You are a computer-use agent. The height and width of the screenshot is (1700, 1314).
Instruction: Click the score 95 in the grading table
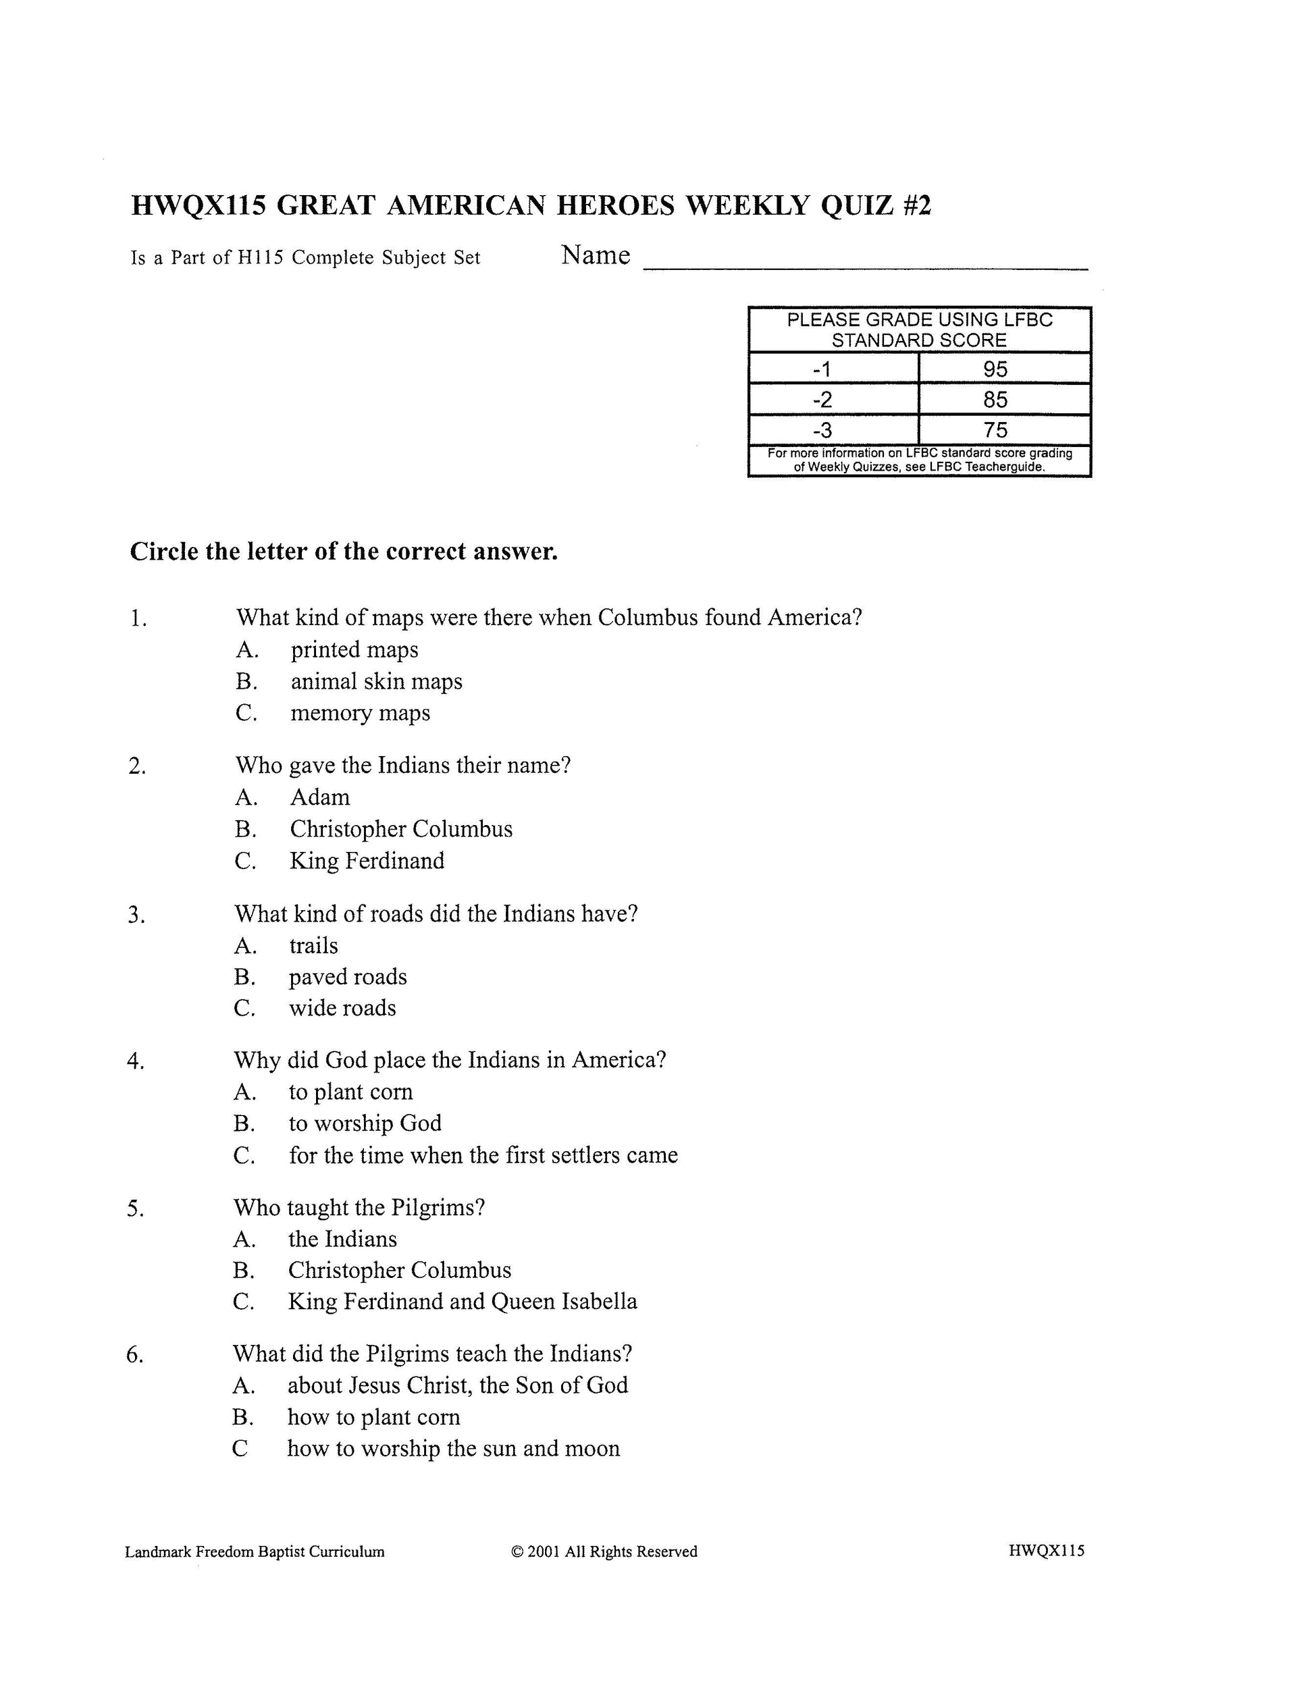pos(995,368)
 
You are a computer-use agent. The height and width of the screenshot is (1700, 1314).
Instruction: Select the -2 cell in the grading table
pos(822,399)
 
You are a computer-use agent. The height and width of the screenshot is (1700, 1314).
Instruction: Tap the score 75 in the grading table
pos(995,429)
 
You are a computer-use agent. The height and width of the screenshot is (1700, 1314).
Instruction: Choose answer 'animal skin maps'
pos(376,681)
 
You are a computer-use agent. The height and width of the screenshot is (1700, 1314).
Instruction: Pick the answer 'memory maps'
pos(360,713)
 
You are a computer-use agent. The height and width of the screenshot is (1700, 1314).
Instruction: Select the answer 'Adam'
pos(320,797)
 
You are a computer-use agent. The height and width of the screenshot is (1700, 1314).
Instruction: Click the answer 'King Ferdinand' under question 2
pos(367,861)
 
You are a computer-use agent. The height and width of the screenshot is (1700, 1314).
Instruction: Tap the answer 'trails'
pos(314,946)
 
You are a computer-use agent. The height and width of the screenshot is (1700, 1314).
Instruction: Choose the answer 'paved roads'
pos(347,977)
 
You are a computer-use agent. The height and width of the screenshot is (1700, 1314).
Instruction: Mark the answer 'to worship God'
pos(365,1123)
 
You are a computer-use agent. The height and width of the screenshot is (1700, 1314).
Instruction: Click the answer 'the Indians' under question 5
pos(342,1239)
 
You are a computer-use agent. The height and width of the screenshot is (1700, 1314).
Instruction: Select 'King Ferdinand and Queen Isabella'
pos(463,1302)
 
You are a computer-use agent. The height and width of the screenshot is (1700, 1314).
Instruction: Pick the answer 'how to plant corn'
pos(373,1416)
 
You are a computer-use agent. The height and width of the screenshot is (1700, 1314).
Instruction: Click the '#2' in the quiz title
pos(916,205)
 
